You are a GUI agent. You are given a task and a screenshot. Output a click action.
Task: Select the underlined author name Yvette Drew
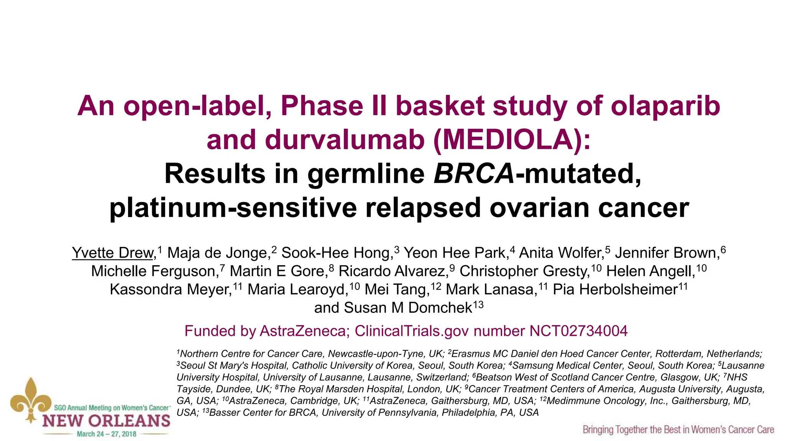pos(113,253)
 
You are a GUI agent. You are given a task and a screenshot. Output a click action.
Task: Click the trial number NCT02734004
pos(578,331)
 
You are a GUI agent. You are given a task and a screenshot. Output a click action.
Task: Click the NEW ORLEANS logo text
pos(106,421)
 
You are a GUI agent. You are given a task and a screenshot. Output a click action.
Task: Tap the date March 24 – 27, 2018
pos(106,434)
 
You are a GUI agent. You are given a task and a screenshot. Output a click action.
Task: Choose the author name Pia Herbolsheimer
pos(615,289)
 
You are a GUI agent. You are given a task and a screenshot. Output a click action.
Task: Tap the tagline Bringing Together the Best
pos(678,430)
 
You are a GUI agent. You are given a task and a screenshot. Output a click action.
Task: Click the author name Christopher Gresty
pos(524,271)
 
